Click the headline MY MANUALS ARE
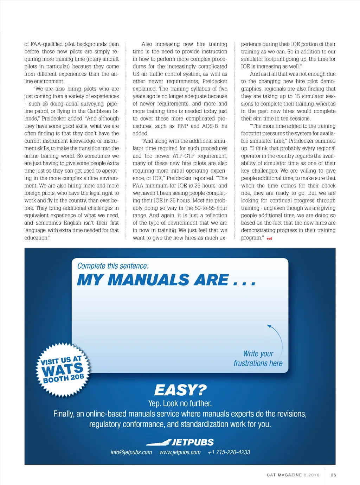[x=166, y=280]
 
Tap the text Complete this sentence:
[x=113, y=266]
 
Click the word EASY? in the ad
[x=180, y=390]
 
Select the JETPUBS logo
[x=180, y=442]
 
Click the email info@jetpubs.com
[x=131, y=452]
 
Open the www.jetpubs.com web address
[x=180, y=452]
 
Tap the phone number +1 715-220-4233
[x=229, y=452]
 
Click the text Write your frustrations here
[x=258, y=358]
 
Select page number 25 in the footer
[x=334, y=475]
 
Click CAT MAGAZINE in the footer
[x=284, y=475]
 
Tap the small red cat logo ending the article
[x=269, y=238]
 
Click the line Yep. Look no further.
[x=180, y=403]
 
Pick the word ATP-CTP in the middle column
[x=184, y=156]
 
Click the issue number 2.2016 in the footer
[x=312, y=475]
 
